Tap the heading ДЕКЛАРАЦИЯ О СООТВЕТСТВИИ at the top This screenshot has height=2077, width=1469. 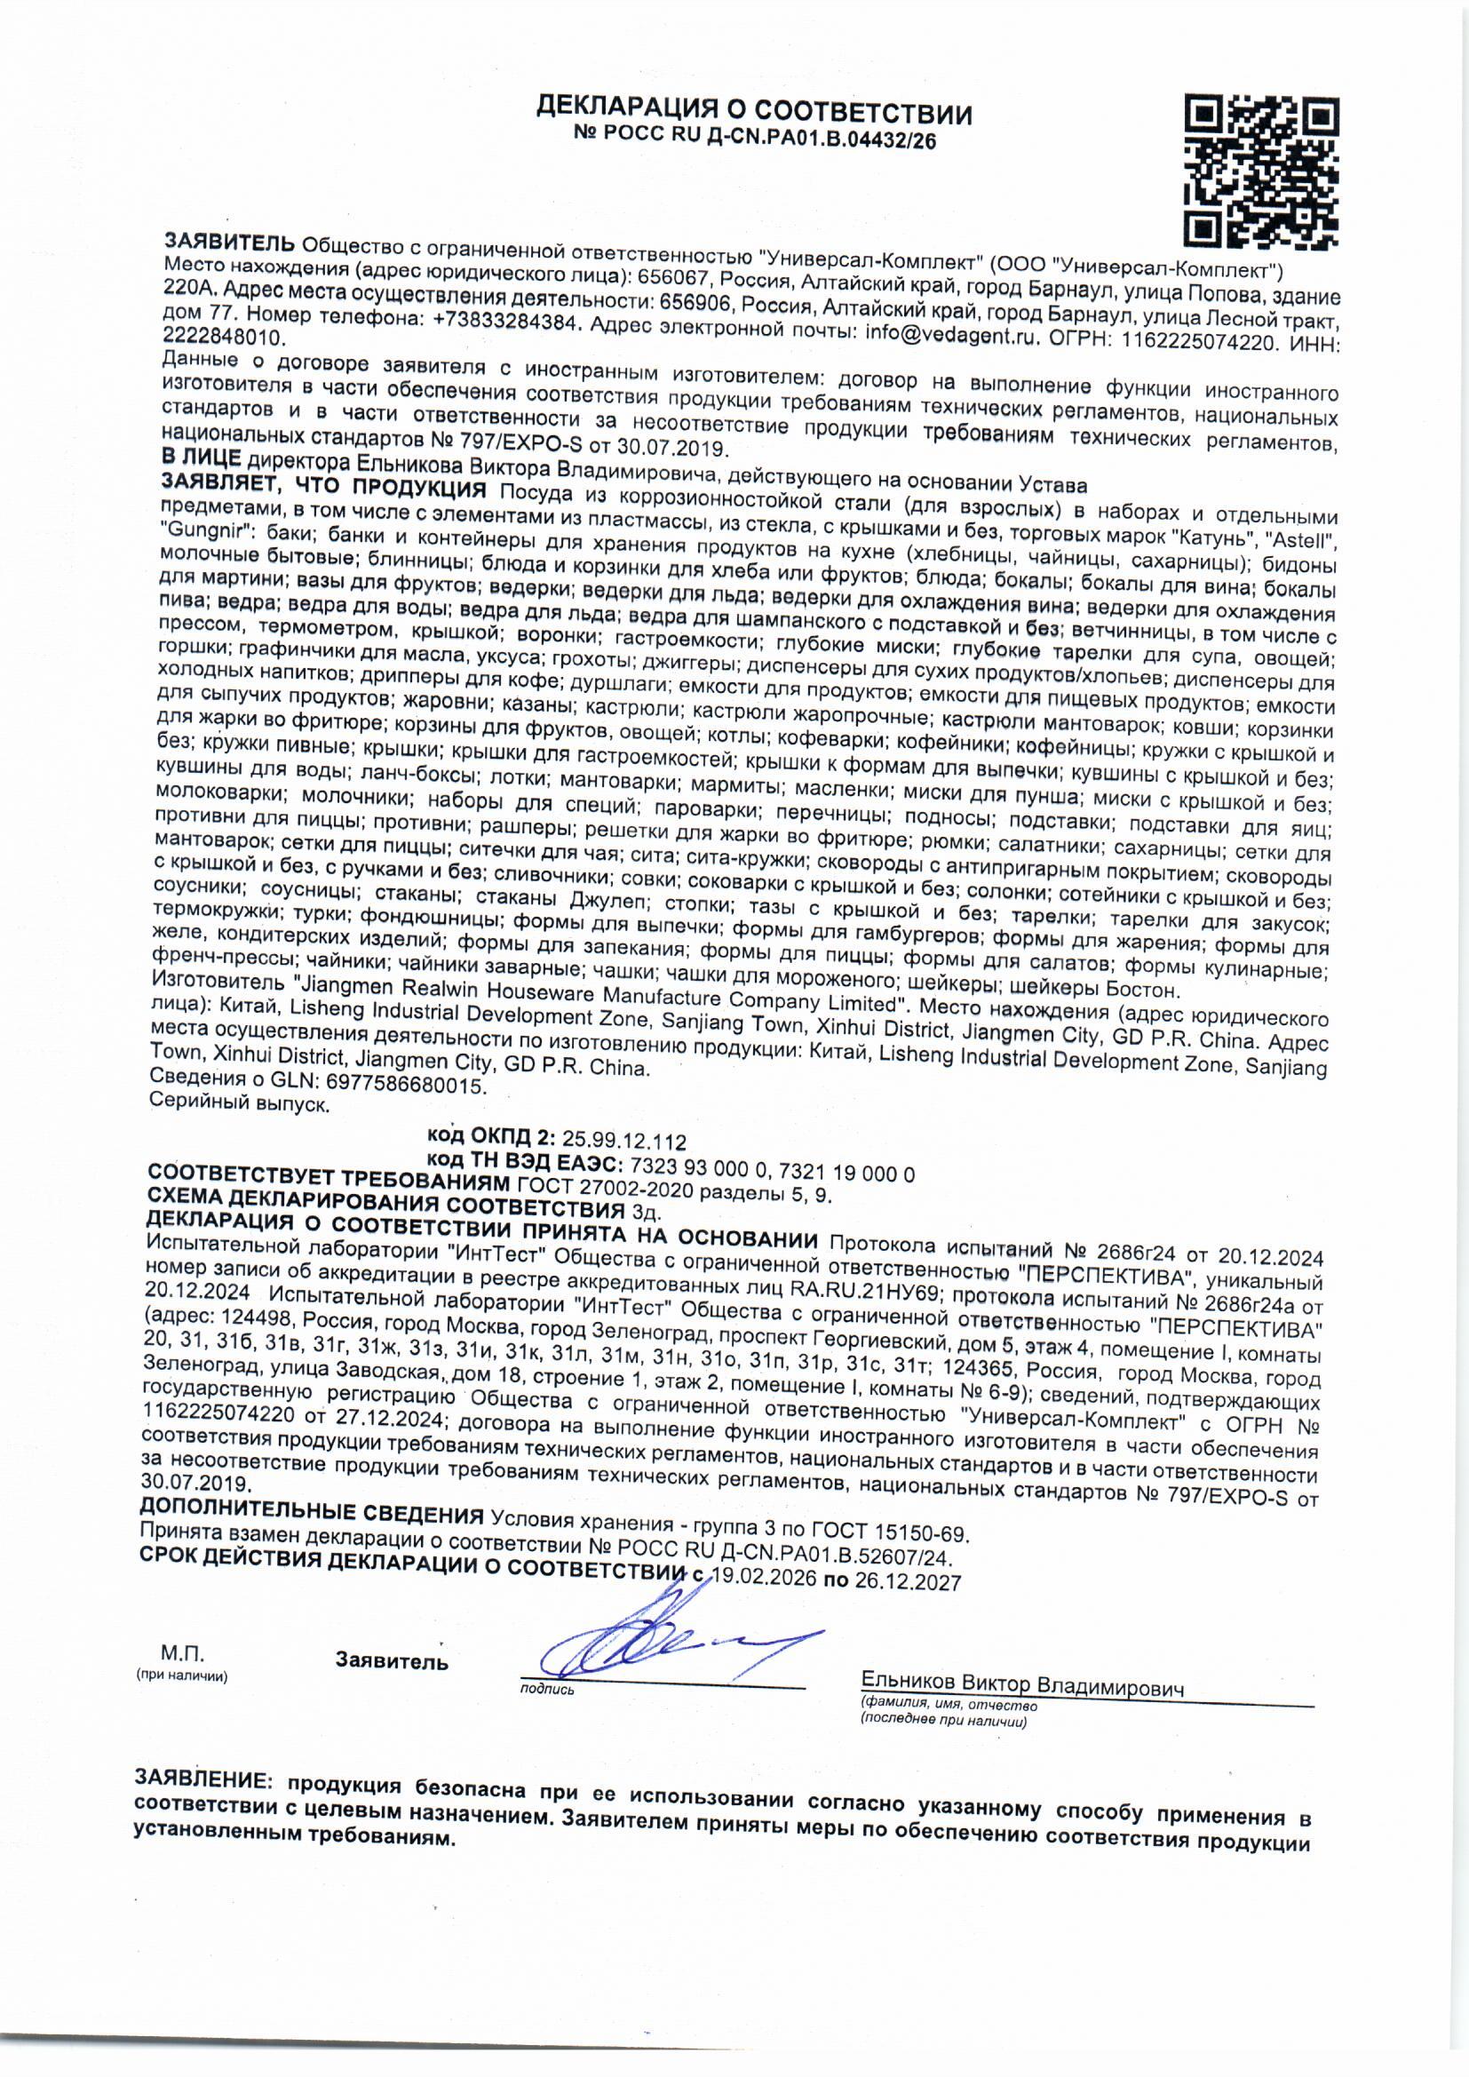click(753, 113)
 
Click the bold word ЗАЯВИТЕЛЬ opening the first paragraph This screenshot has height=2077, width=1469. click(229, 243)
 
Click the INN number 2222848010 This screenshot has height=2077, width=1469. click(224, 337)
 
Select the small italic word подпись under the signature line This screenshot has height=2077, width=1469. click(546, 1689)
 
